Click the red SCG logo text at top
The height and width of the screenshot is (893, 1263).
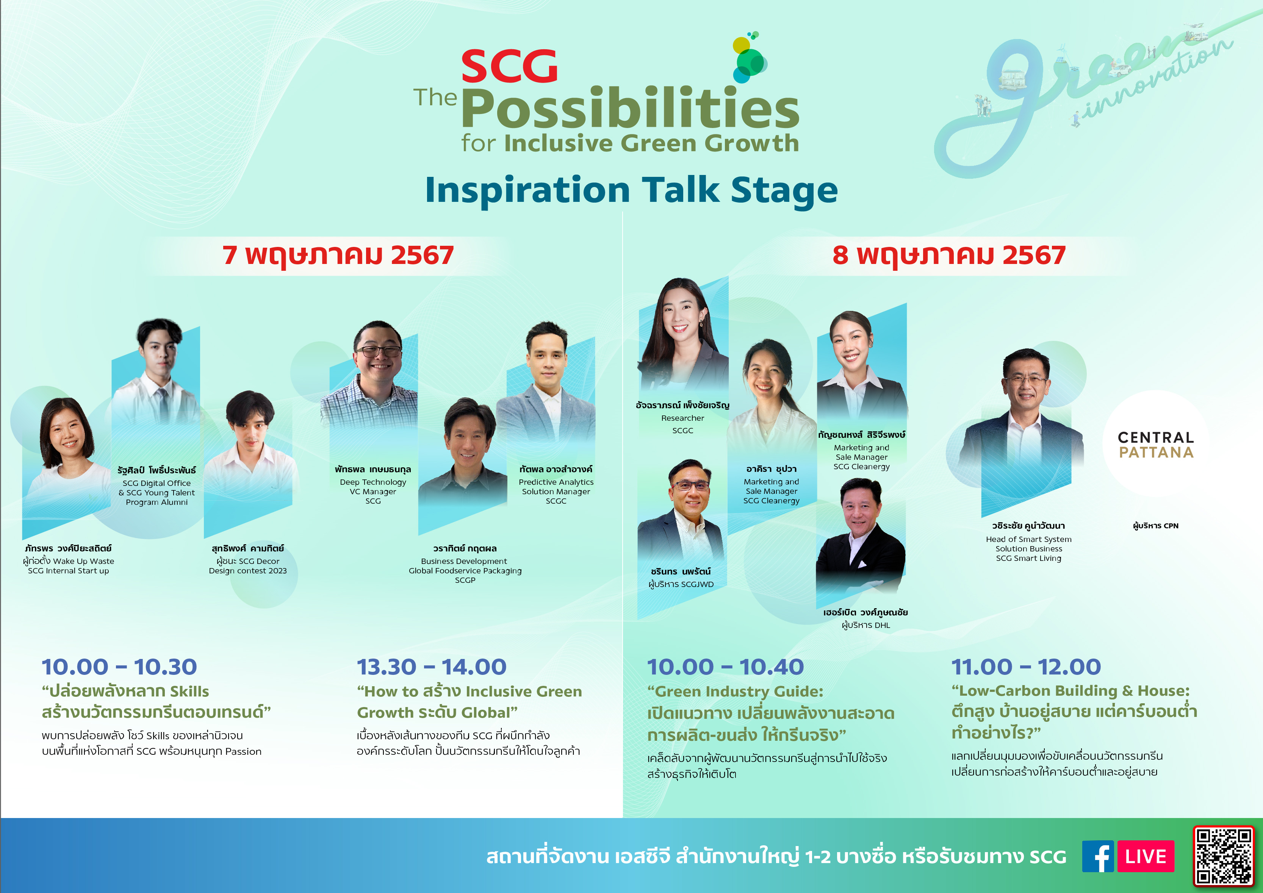coord(509,67)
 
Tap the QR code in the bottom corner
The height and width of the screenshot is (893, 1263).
coord(1224,857)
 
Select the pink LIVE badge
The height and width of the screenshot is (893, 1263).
coord(1146,856)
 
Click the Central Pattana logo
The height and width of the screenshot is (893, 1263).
coord(1156,445)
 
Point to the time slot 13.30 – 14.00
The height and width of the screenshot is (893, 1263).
coord(431,667)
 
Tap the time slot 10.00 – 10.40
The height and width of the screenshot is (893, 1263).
coord(725,667)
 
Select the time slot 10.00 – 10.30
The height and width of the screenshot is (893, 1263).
coord(119,667)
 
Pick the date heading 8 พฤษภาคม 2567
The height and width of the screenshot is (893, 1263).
coord(949,255)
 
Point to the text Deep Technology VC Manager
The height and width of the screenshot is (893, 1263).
coord(373,487)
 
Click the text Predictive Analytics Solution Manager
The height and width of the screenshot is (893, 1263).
coord(556,487)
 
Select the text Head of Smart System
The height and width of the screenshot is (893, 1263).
coord(1029,539)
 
